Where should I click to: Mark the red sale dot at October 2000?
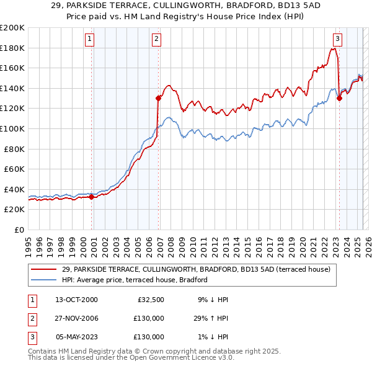click(91, 197)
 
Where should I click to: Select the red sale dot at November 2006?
click(159, 98)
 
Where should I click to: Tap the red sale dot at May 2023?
click(339, 98)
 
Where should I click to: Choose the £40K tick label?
click(14, 189)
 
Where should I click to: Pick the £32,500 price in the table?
click(149, 300)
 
